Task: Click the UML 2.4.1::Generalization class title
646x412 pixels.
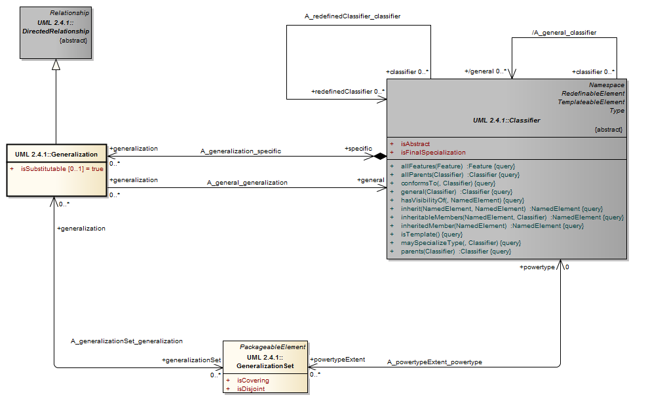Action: tap(56, 155)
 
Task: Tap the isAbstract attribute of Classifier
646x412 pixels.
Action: tap(414, 143)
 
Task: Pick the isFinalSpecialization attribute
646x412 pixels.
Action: tap(432, 152)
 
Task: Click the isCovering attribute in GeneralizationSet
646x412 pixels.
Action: tap(252, 380)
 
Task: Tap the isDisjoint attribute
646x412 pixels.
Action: tap(251, 388)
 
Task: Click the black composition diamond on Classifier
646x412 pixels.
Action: tap(379, 157)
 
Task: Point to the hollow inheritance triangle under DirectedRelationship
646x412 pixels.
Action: tap(56, 65)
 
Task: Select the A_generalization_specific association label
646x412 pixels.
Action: tap(240, 151)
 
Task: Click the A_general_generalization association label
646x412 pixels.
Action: tap(247, 183)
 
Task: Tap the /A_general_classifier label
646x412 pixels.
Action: tap(563, 32)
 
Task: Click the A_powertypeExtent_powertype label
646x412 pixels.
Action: tap(434, 362)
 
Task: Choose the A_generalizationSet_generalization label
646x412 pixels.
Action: tap(126, 341)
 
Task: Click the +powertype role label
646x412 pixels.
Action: tap(537, 267)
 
